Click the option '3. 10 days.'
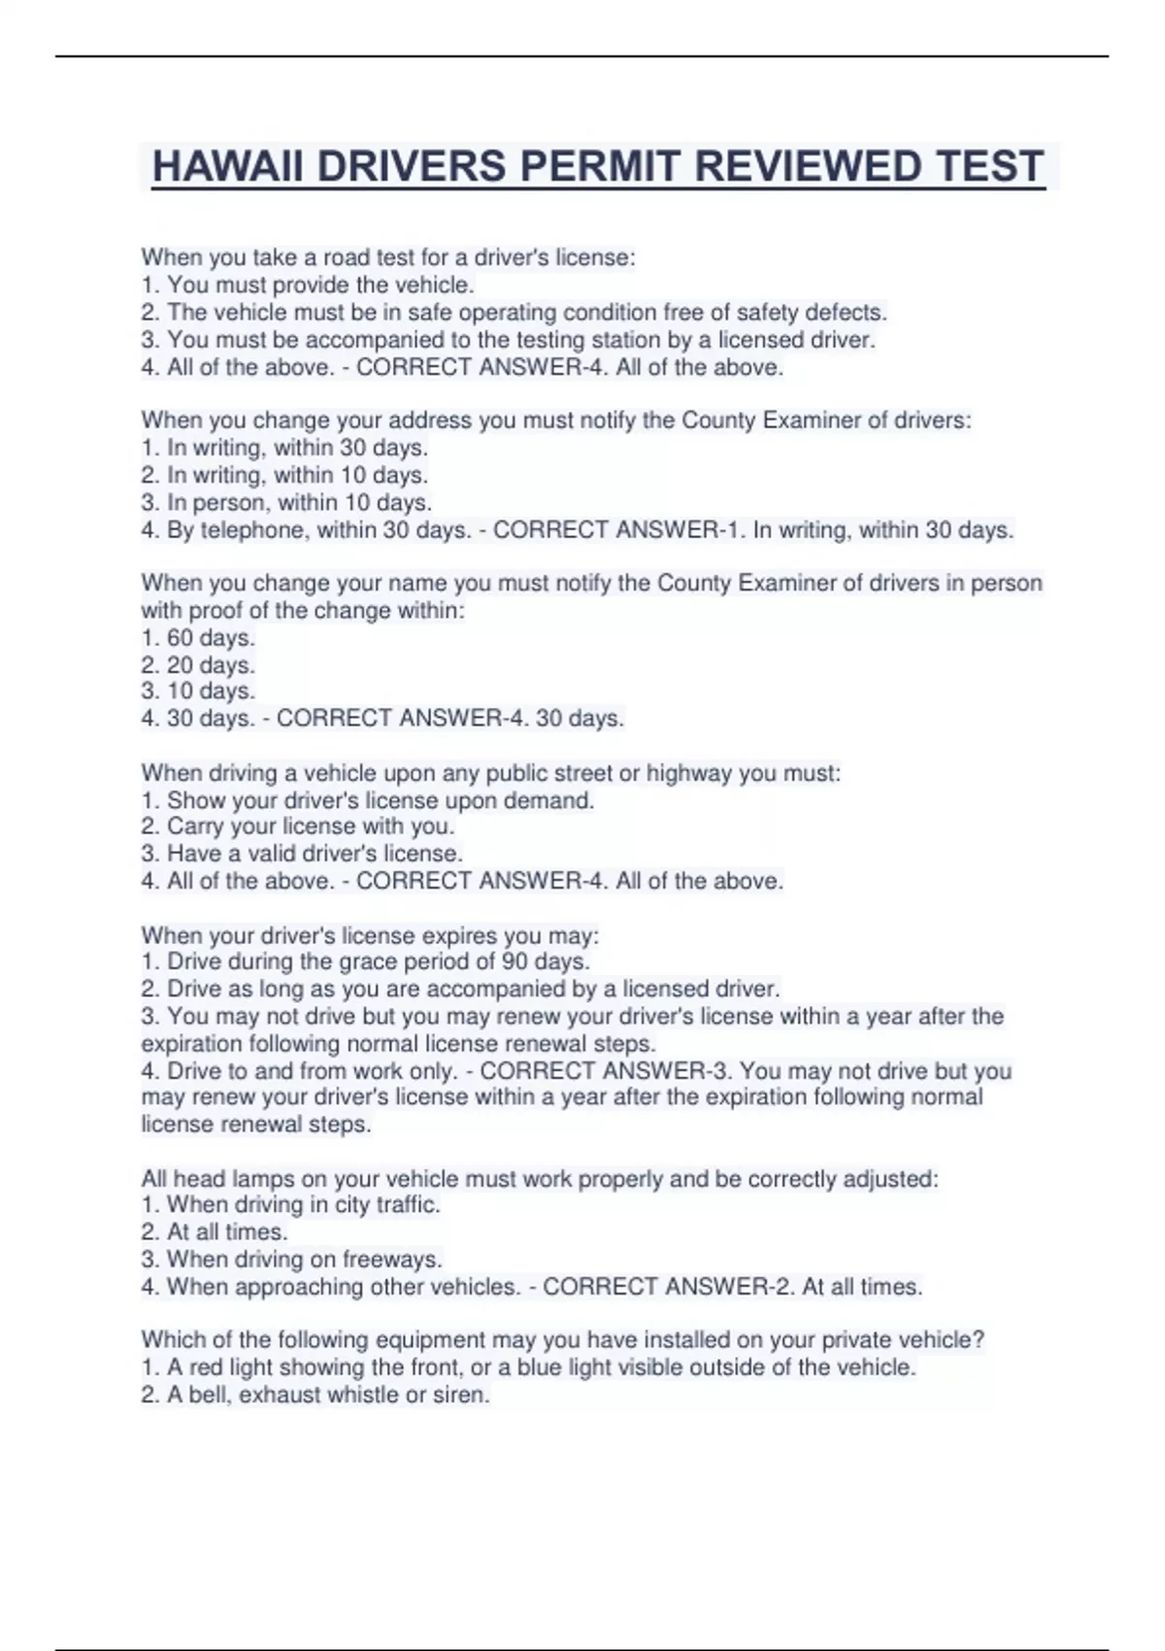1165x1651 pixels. tap(198, 691)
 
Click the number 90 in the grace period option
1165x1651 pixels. tap(515, 961)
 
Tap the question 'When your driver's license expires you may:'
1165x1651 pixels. tap(370, 935)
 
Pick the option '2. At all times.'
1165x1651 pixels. tap(215, 1232)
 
